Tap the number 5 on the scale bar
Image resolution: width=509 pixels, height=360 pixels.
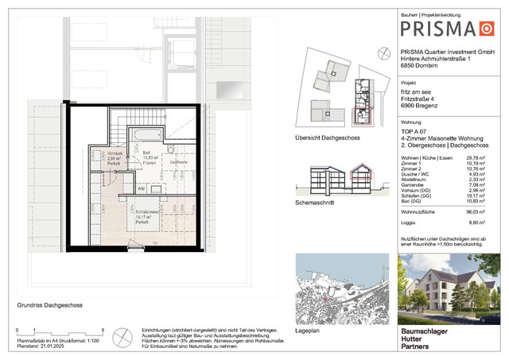(x=103, y=329)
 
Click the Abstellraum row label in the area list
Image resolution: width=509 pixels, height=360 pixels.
(x=418, y=179)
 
